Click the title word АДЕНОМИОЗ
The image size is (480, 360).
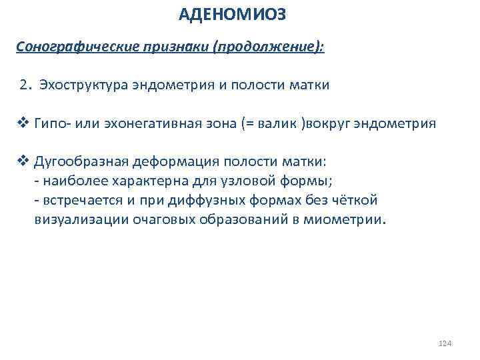235,13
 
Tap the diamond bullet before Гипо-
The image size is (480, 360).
22,123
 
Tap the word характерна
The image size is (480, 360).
150,181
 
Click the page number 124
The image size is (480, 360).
445,343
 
